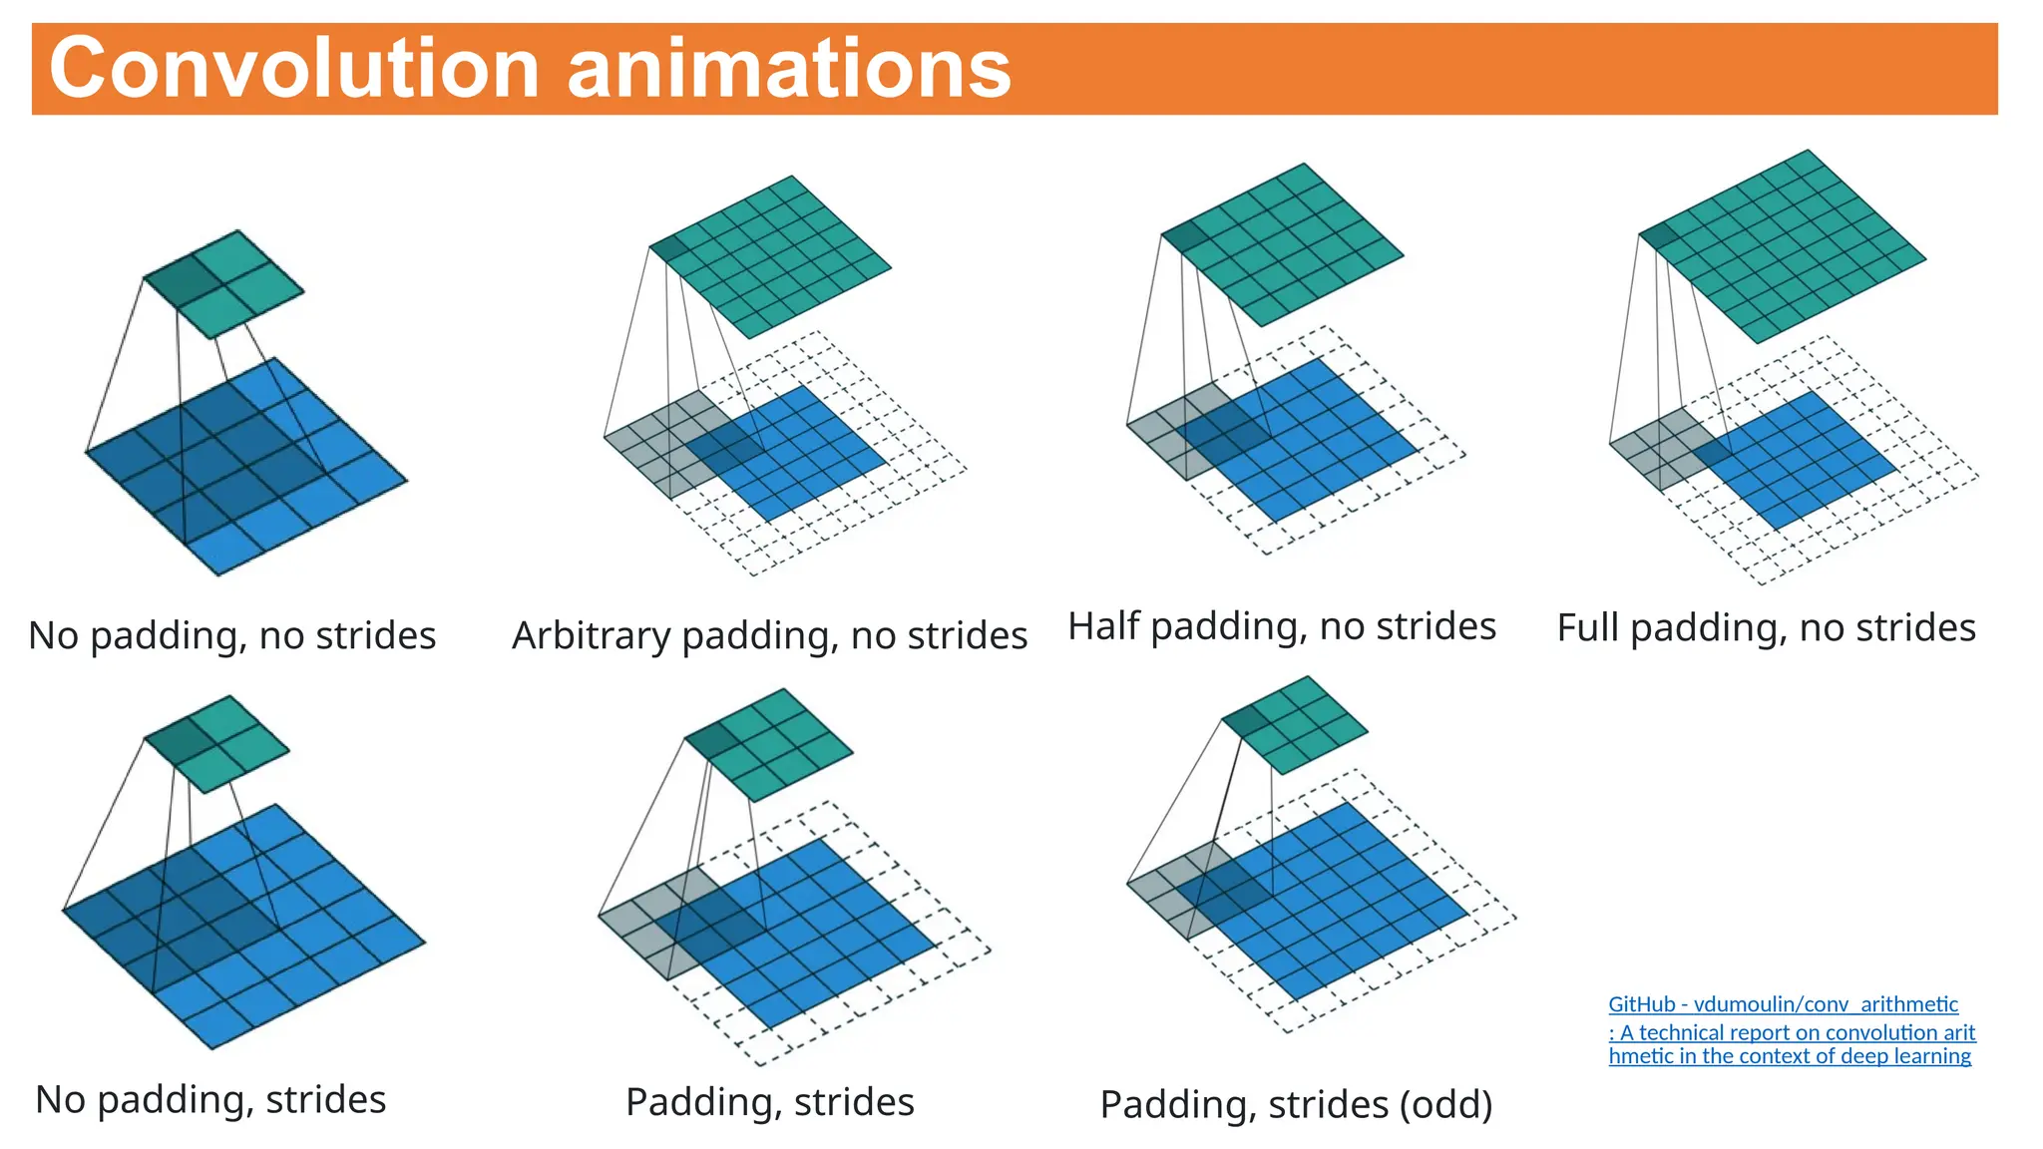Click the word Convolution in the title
point(294,68)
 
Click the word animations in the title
point(789,68)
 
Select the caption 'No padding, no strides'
point(231,635)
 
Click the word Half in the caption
point(1103,626)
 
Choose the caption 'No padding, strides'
point(210,1099)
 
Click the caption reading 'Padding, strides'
point(769,1102)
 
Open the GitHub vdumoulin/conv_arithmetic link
point(1783,1004)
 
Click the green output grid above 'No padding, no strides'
point(224,284)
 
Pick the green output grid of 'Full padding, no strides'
point(1783,246)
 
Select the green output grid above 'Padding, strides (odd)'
point(1295,725)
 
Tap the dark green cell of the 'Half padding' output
point(1185,237)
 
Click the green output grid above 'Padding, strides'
point(769,744)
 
